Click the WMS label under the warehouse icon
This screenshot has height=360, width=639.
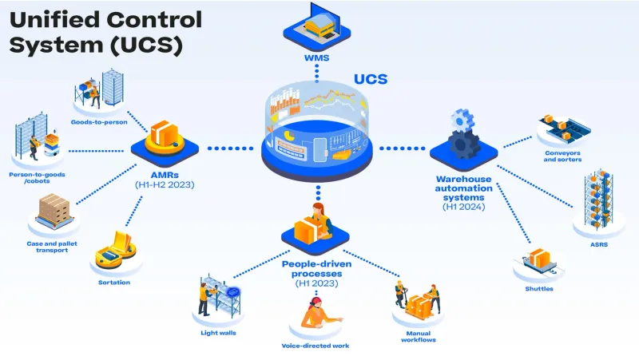(x=317, y=58)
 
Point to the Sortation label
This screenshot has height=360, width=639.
(x=114, y=282)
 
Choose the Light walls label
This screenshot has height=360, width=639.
(x=218, y=332)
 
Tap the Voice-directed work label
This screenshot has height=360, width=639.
(x=316, y=346)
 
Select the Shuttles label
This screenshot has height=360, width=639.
(x=540, y=288)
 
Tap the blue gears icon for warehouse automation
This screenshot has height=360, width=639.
(x=462, y=136)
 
